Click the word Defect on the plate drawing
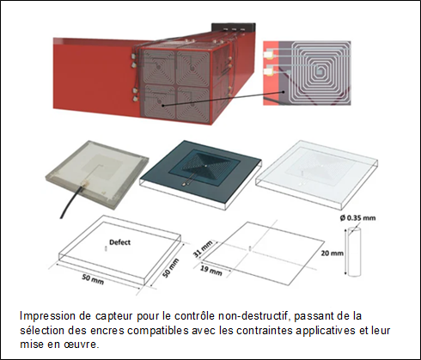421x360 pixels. (119, 242)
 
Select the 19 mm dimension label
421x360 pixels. (211, 270)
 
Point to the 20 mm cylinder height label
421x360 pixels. (332, 253)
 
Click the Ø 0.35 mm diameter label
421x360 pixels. (358, 218)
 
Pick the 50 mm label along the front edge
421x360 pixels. (93, 279)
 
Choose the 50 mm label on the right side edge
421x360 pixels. (171, 268)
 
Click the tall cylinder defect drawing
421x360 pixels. (355, 252)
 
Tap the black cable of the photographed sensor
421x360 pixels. (70, 201)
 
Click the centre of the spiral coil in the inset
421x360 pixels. (319, 69)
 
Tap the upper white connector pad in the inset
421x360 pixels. (269, 54)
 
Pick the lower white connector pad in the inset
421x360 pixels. (269, 70)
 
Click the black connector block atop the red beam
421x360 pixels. (233, 28)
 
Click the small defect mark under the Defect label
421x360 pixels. (106, 249)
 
